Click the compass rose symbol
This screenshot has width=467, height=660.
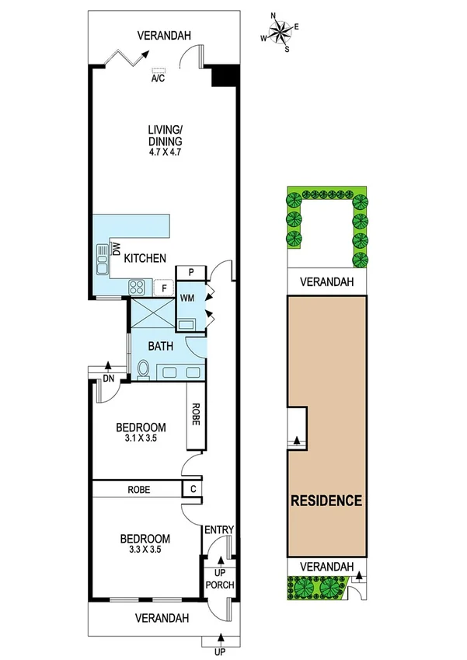coord(282,31)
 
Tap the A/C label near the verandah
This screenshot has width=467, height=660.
coord(158,79)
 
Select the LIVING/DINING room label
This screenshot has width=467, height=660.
coord(165,136)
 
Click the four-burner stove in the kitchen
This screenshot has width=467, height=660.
coord(137,287)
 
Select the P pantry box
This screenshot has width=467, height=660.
coord(190,272)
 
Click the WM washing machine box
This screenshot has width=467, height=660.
coord(187,297)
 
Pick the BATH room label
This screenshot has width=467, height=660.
coord(161,347)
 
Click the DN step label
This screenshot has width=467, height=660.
coord(108,379)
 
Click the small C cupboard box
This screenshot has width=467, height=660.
coord(191,489)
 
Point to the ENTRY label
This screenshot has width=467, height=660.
coord(219,530)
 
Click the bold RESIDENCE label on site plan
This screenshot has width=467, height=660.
coord(326,500)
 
